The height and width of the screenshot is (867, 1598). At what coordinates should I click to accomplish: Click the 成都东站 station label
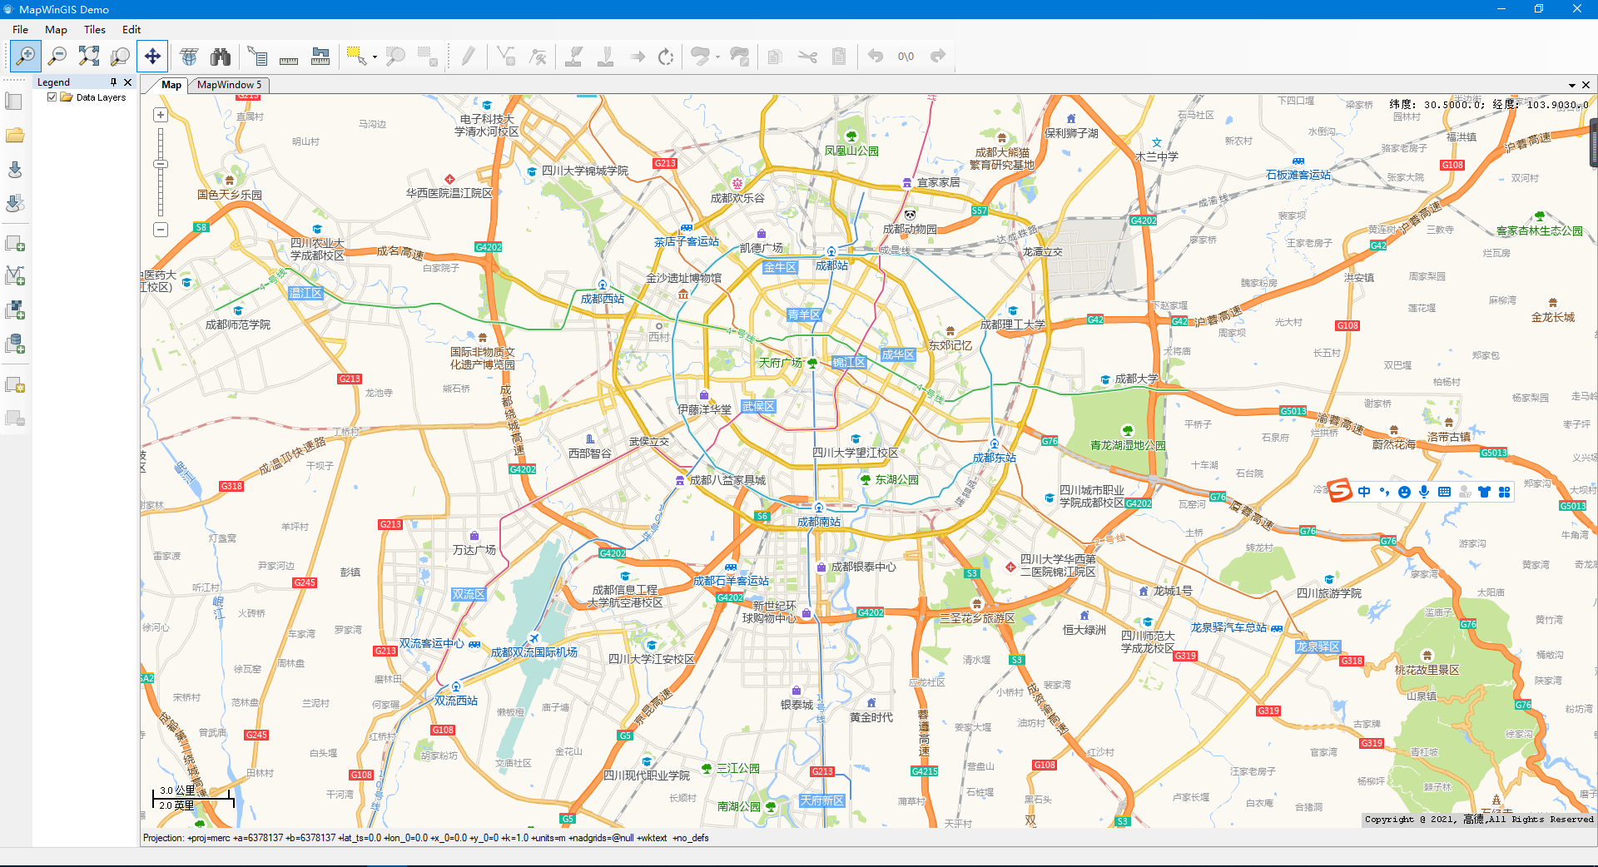995,458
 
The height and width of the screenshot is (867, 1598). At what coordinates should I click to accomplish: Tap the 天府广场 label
780,363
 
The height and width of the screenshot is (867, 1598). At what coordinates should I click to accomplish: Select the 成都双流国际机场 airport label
533,652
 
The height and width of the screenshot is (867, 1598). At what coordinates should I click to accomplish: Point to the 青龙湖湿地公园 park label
1128,445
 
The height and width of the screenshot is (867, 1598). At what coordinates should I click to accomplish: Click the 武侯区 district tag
758,406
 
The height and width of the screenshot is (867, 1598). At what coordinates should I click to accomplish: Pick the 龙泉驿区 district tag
1318,647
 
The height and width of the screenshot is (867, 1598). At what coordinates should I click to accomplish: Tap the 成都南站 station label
819,522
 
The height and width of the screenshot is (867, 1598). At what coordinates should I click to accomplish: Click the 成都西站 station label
602,299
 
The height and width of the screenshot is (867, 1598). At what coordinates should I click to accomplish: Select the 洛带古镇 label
1449,437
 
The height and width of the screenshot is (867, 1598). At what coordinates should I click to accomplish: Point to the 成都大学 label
1136,379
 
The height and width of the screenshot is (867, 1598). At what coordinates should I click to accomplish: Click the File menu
20,29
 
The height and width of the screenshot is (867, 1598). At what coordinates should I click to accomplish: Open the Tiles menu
95,29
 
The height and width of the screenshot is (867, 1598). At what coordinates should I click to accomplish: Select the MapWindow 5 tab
229,85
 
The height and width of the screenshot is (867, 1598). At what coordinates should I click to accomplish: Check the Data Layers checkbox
52,97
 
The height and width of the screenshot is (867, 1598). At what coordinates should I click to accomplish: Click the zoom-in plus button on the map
161,115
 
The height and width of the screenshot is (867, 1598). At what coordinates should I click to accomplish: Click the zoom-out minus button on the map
161,230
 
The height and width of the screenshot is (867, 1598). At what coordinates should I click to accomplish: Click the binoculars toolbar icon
221,57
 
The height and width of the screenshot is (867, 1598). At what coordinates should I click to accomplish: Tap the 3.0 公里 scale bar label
177,790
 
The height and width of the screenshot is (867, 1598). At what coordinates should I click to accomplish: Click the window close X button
1576,9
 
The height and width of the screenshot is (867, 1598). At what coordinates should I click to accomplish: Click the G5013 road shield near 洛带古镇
1493,453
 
